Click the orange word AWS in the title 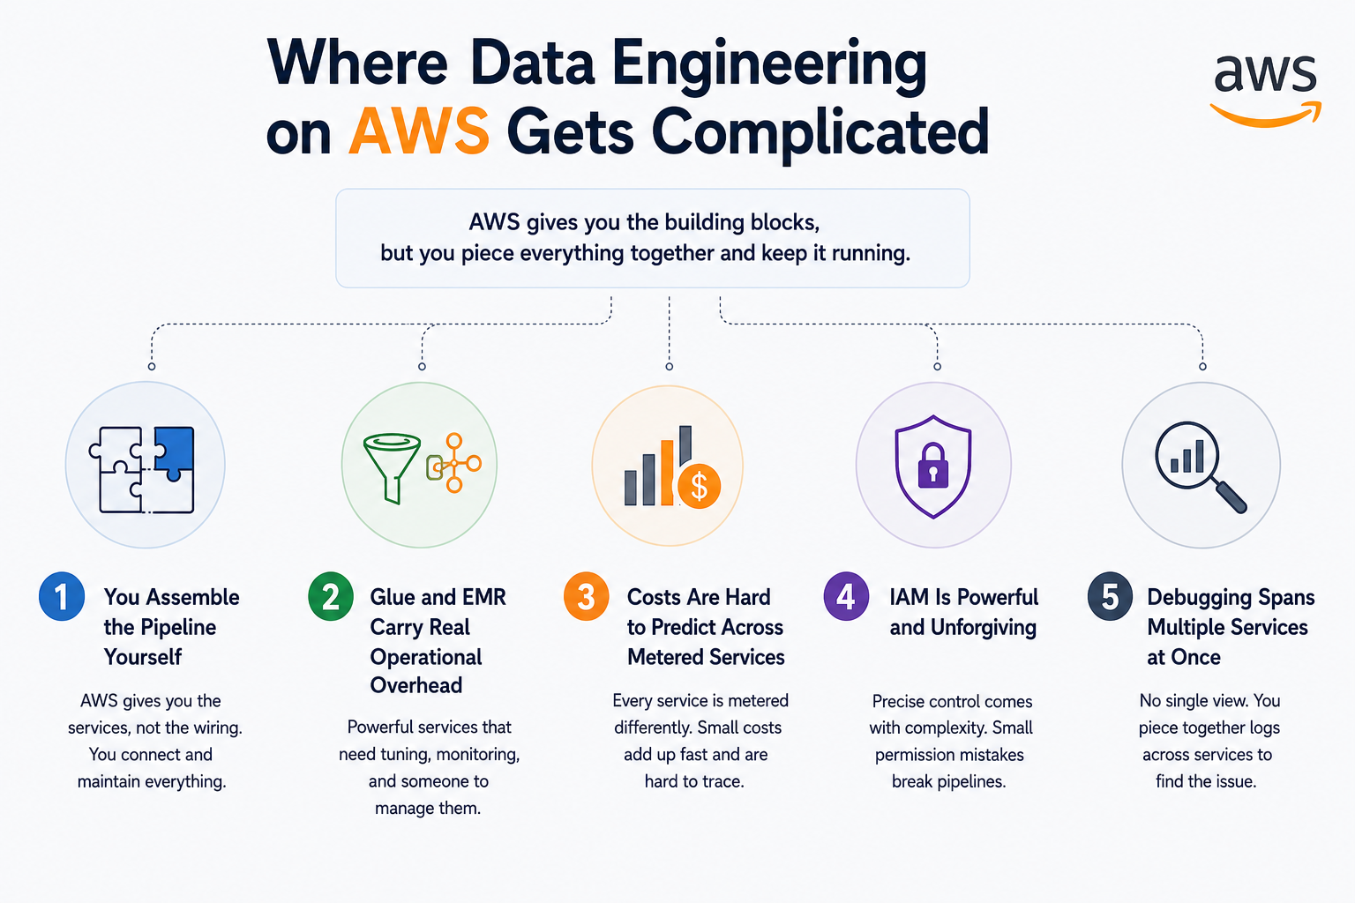click(419, 131)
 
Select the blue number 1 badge click(62, 596)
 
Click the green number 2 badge click(330, 596)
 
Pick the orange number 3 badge click(586, 596)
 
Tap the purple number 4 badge click(846, 596)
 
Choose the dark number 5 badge click(1110, 596)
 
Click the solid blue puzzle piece click(174, 452)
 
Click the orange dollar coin click(700, 486)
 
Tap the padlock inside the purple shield click(933, 465)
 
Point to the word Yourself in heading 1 click(143, 657)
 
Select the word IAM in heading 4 click(910, 597)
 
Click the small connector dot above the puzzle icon click(152, 367)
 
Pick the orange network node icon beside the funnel click(454, 463)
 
